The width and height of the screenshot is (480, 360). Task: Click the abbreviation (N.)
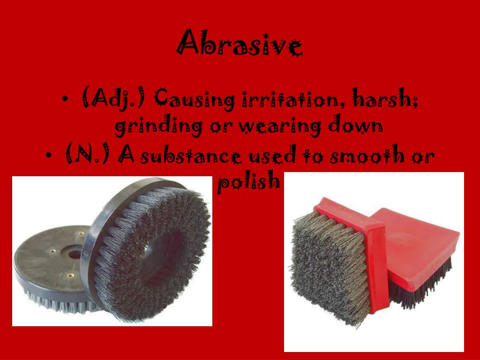pos(89,155)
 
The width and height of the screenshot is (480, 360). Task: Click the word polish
pos(248,182)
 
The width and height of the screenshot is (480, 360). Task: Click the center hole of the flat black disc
pos(74,254)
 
